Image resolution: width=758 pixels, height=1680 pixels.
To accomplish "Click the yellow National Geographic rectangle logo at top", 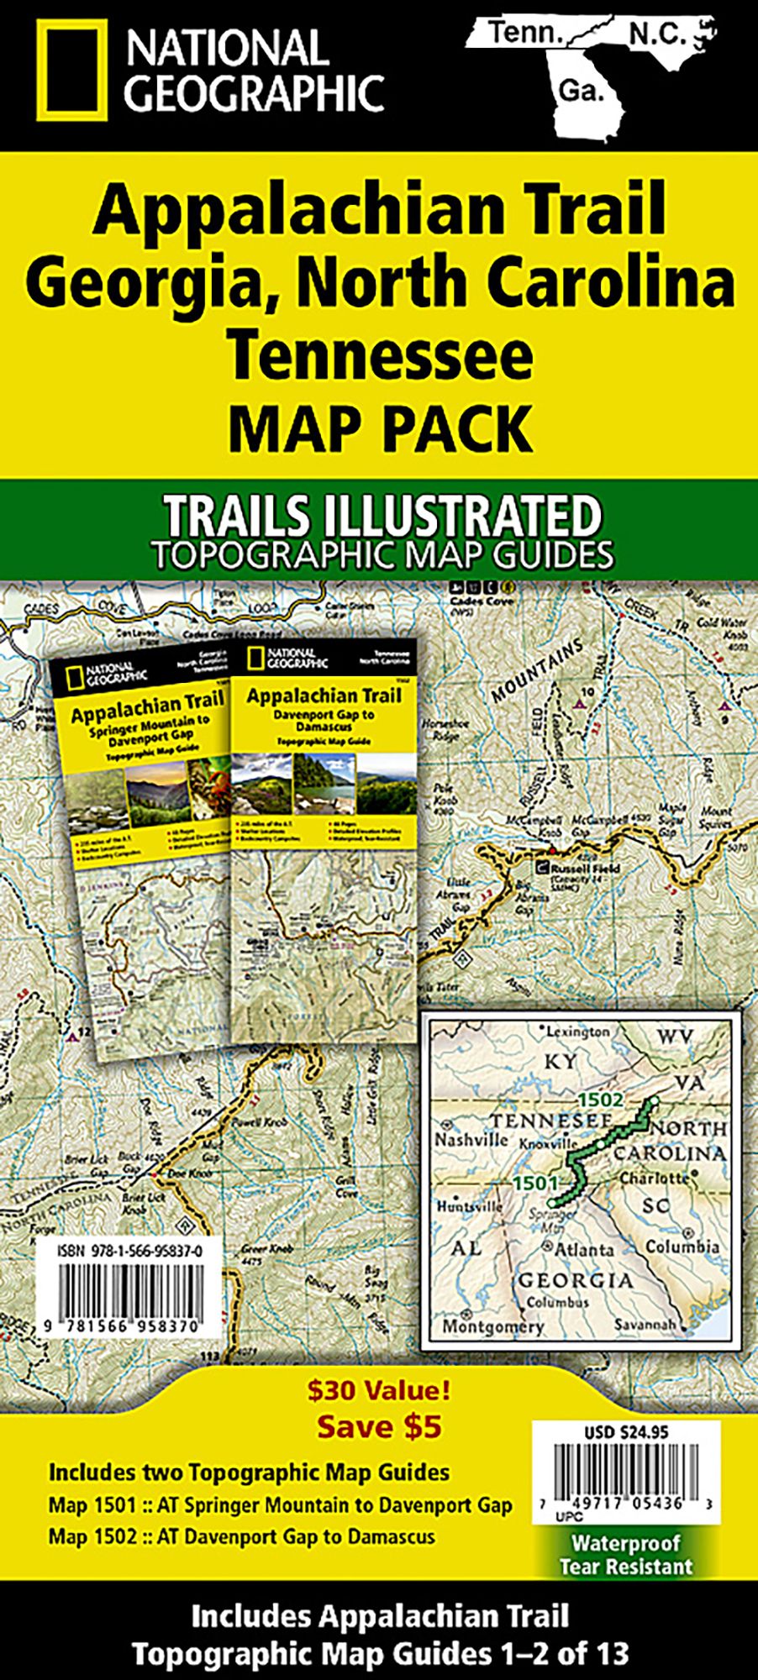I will [71, 71].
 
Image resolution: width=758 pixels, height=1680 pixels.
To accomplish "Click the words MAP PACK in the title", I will [380, 428].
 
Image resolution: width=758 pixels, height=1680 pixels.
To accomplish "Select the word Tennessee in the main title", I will [381, 354].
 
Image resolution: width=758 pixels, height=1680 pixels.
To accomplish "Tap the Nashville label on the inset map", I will [471, 1140].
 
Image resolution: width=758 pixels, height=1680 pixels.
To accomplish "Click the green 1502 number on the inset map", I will [600, 1100].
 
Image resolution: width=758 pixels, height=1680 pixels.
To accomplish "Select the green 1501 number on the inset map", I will [536, 1182].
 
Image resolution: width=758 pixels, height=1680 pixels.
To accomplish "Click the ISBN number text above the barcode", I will [130, 1252].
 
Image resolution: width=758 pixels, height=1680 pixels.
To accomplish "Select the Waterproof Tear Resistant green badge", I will [626, 1554].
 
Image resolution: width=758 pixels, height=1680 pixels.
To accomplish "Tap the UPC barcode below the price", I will [625, 1481].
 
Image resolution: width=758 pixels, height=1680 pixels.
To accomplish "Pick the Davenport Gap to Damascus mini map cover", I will [324, 840].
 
